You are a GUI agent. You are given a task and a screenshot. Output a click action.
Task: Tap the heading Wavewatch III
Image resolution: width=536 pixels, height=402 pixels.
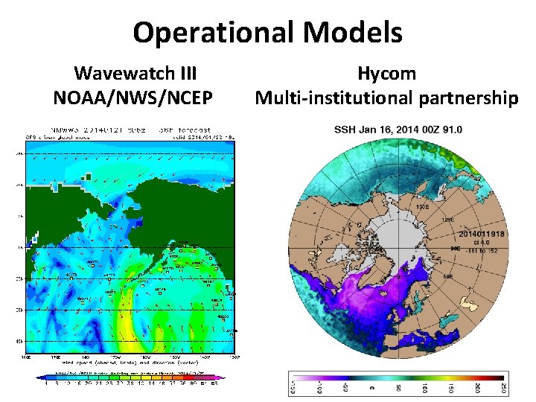tap(135, 74)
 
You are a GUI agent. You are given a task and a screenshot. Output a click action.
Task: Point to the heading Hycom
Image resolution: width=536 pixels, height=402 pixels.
tap(386, 74)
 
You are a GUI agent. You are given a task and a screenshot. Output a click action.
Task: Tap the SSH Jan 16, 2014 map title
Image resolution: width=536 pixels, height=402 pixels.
tap(398, 130)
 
